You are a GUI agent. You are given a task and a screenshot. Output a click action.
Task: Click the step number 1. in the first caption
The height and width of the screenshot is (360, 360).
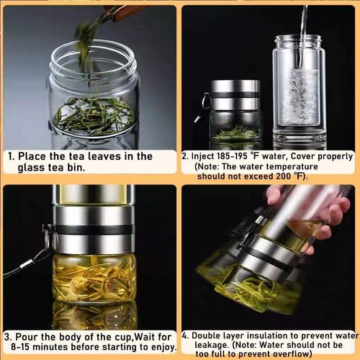pyautogui.click(x=12, y=156)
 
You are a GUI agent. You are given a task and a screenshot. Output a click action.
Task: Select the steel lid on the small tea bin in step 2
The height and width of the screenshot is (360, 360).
pyautogui.click(x=235, y=94)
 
